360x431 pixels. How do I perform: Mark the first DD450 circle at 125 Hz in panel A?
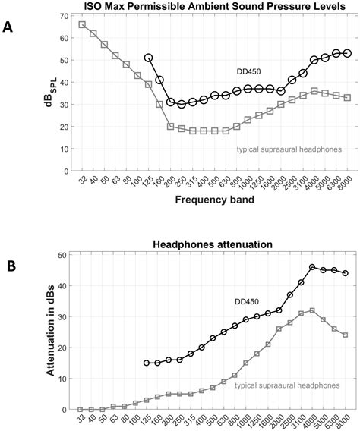click(149, 58)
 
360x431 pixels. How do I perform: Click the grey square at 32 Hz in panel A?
click(82, 24)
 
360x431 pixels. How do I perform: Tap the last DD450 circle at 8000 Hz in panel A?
click(347, 53)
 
